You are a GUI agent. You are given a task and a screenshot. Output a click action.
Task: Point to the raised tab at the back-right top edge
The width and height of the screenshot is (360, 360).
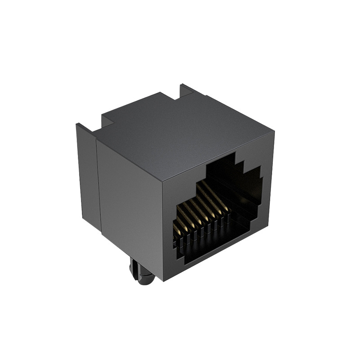(186, 90)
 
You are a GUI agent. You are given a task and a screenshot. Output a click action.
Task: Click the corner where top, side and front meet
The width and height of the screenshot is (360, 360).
(162, 180)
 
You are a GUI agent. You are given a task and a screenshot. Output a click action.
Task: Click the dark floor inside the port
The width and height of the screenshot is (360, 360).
(216, 245)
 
